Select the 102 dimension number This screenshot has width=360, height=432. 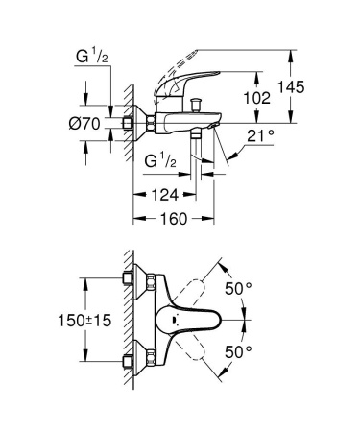pos(254,98)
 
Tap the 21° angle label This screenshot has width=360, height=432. pos(260,135)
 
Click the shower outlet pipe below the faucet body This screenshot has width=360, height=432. pos(195,144)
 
